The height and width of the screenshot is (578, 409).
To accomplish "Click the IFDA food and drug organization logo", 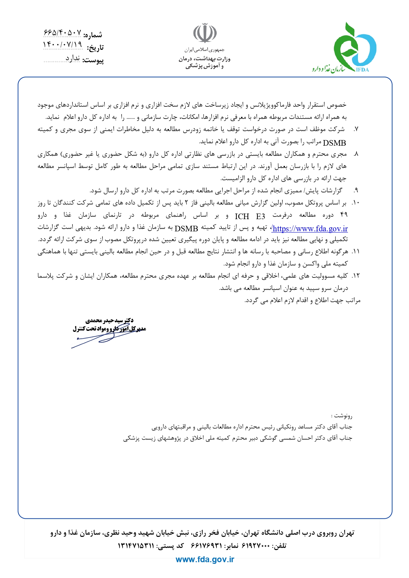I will click(354, 48).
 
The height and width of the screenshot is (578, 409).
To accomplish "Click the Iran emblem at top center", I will click(205, 33).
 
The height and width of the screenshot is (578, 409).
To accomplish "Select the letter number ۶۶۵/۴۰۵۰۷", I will click(62, 33).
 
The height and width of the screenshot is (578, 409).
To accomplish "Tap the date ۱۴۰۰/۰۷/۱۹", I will click(62, 44).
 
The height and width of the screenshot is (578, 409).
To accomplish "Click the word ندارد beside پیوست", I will click(73, 58).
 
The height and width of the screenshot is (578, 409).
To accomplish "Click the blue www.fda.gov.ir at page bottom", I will click(205, 559).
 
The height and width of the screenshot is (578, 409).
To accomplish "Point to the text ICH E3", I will click(250, 217).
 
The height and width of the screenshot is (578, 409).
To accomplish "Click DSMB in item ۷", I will click(335, 143).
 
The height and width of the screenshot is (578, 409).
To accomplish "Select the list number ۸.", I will click(356, 154).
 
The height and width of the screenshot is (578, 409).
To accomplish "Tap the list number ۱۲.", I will click(355, 276).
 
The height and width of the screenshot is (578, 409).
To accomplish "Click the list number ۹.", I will click(356, 191).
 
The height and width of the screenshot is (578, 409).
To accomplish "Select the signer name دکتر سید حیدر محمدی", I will click(109, 320).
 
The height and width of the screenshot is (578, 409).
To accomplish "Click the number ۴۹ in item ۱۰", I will click(344, 215).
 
